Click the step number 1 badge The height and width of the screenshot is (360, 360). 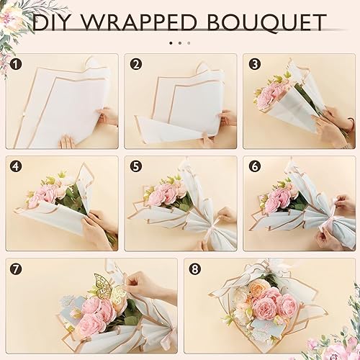(16, 63)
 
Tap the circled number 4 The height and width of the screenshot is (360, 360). (16, 166)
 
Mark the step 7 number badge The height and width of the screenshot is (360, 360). (16, 269)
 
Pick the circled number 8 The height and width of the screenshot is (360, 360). (194, 269)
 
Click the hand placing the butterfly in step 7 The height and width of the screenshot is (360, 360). (148, 284)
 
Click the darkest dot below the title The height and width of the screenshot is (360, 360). (171, 42)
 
